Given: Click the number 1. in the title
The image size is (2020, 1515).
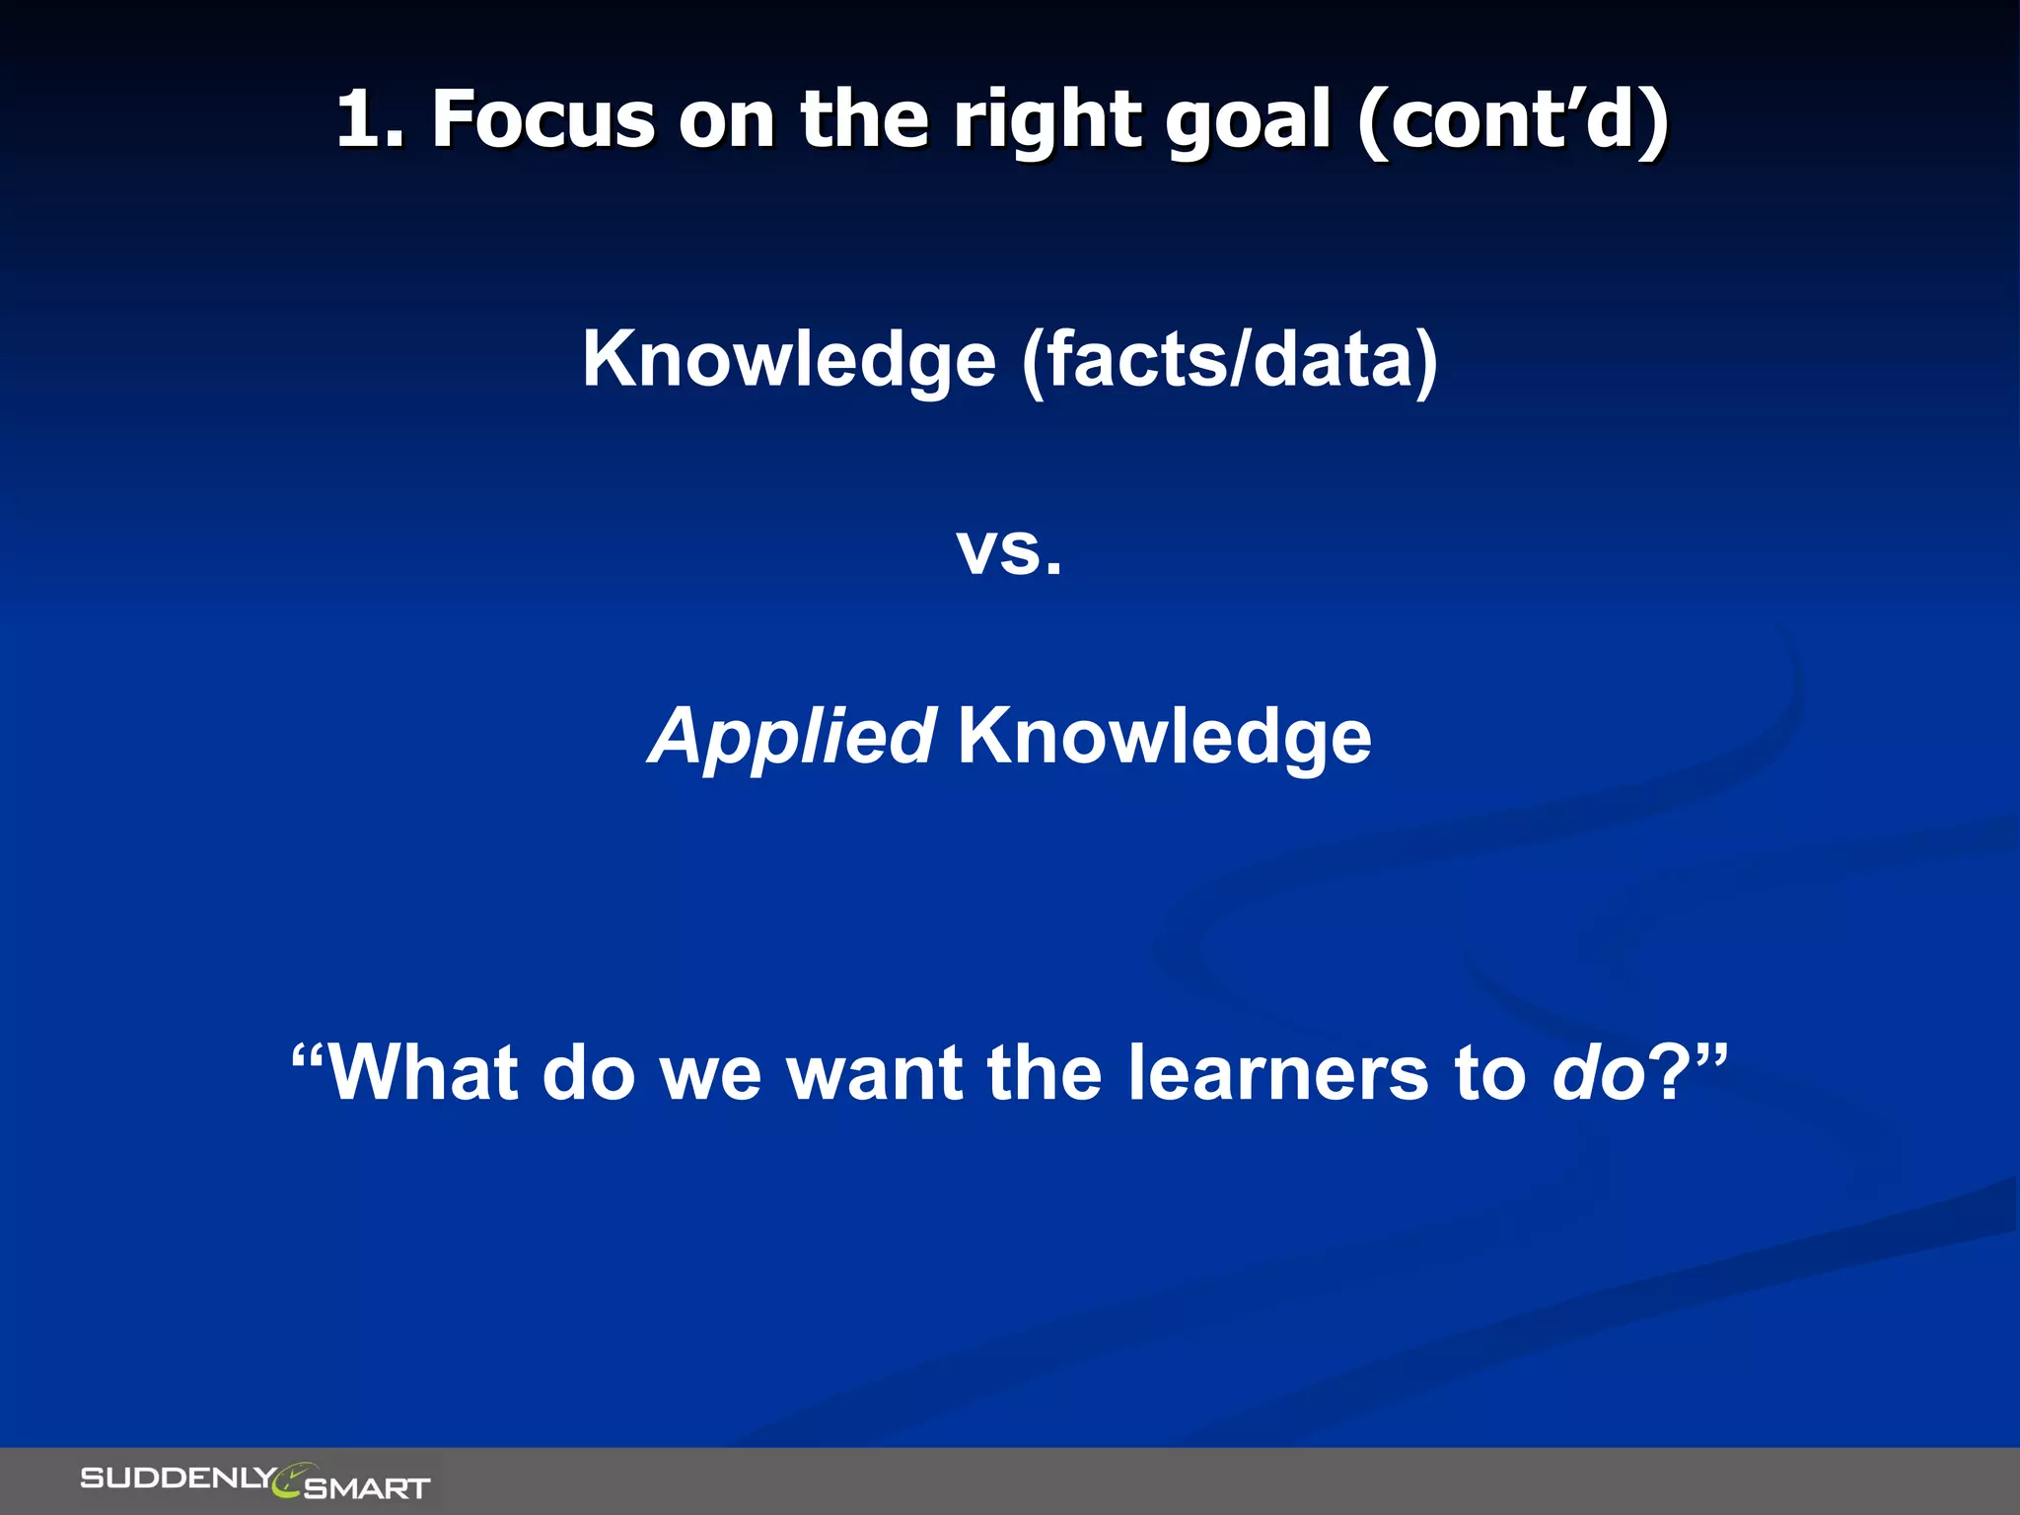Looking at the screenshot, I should [370, 120].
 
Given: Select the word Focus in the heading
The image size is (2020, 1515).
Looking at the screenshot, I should [543, 120].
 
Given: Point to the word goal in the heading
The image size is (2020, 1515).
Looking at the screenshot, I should [1249, 120].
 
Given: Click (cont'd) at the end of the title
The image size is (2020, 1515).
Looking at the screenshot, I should [1513, 120].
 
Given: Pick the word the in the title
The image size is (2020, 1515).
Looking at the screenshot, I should [864, 120].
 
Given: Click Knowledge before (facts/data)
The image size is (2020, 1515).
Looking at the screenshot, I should [789, 359].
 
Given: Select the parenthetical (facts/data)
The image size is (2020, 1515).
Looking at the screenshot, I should [1229, 359].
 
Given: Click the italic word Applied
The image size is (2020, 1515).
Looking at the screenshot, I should [792, 737].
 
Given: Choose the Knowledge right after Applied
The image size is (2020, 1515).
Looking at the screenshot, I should [1164, 737].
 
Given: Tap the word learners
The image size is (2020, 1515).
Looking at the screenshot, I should [1277, 1073].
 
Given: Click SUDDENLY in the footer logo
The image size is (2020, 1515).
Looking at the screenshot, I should [178, 1478].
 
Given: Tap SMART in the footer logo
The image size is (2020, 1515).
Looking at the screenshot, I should [367, 1487].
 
